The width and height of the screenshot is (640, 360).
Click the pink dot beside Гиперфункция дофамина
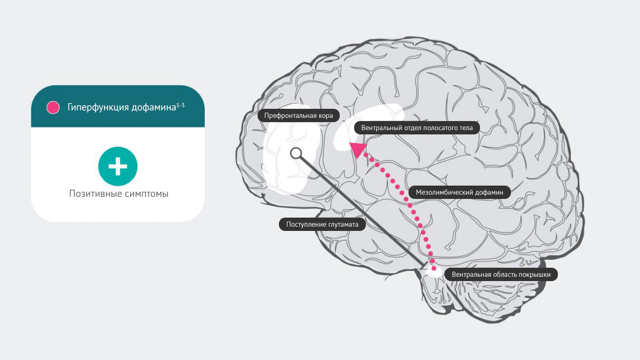[x=53, y=107]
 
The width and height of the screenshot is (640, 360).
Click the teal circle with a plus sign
[x=118, y=166]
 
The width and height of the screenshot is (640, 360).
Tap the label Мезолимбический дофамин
[x=459, y=192]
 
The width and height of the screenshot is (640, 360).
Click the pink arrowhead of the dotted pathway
[x=358, y=149]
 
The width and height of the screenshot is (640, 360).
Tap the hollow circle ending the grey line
[x=296, y=154]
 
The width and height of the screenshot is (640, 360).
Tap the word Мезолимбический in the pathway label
[x=445, y=192]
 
